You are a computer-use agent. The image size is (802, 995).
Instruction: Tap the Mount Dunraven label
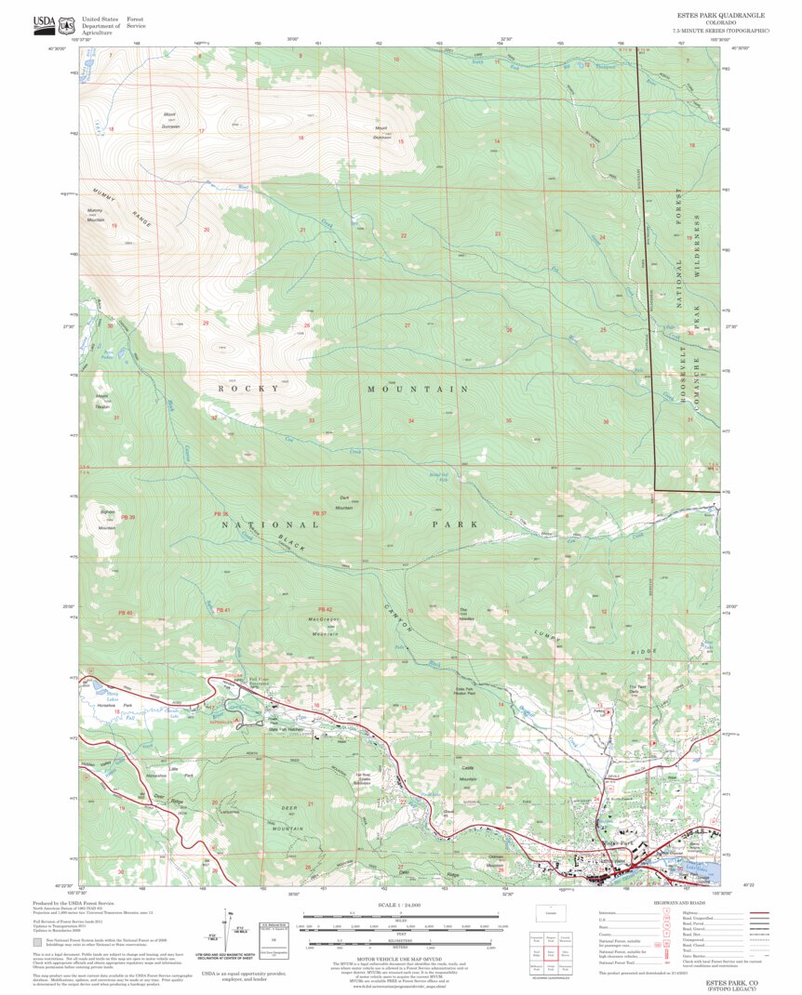pyautogui.click(x=169, y=120)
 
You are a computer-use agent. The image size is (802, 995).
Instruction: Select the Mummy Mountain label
pyautogui.click(x=96, y=216)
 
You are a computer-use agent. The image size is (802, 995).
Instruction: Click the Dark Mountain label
pyautogui.click(x=344, y=503)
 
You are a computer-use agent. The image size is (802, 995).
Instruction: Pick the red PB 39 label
pyautogui.click(x=127, y=517)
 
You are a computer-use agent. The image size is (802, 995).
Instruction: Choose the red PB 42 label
pyautogui.click(x=324, y=609)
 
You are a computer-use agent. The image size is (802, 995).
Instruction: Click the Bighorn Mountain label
pyautogui.click(x=106, y=520)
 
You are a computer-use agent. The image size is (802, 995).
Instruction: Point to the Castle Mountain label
pyautogui.click(x=466, y=774)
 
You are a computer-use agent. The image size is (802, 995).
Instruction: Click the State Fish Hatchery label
pyautogui.click(x=261, y=729)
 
